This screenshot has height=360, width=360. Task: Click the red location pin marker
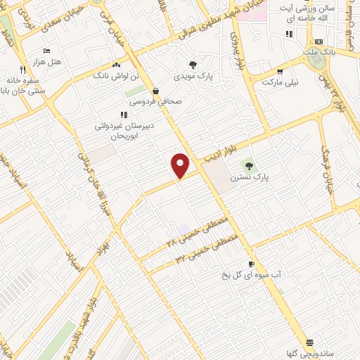(181, 165)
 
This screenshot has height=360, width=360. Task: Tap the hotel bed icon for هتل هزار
(46, 51)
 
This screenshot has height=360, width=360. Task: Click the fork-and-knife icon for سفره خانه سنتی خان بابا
(22, 70)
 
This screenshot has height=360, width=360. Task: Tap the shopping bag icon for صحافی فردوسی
(155, 91)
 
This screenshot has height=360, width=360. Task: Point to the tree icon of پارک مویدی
(193, 65)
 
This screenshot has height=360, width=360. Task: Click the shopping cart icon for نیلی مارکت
(280, 71)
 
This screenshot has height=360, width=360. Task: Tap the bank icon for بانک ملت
(319, 42)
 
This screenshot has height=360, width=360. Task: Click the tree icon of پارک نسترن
(249, 166)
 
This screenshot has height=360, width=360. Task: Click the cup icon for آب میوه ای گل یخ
(251, 264)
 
